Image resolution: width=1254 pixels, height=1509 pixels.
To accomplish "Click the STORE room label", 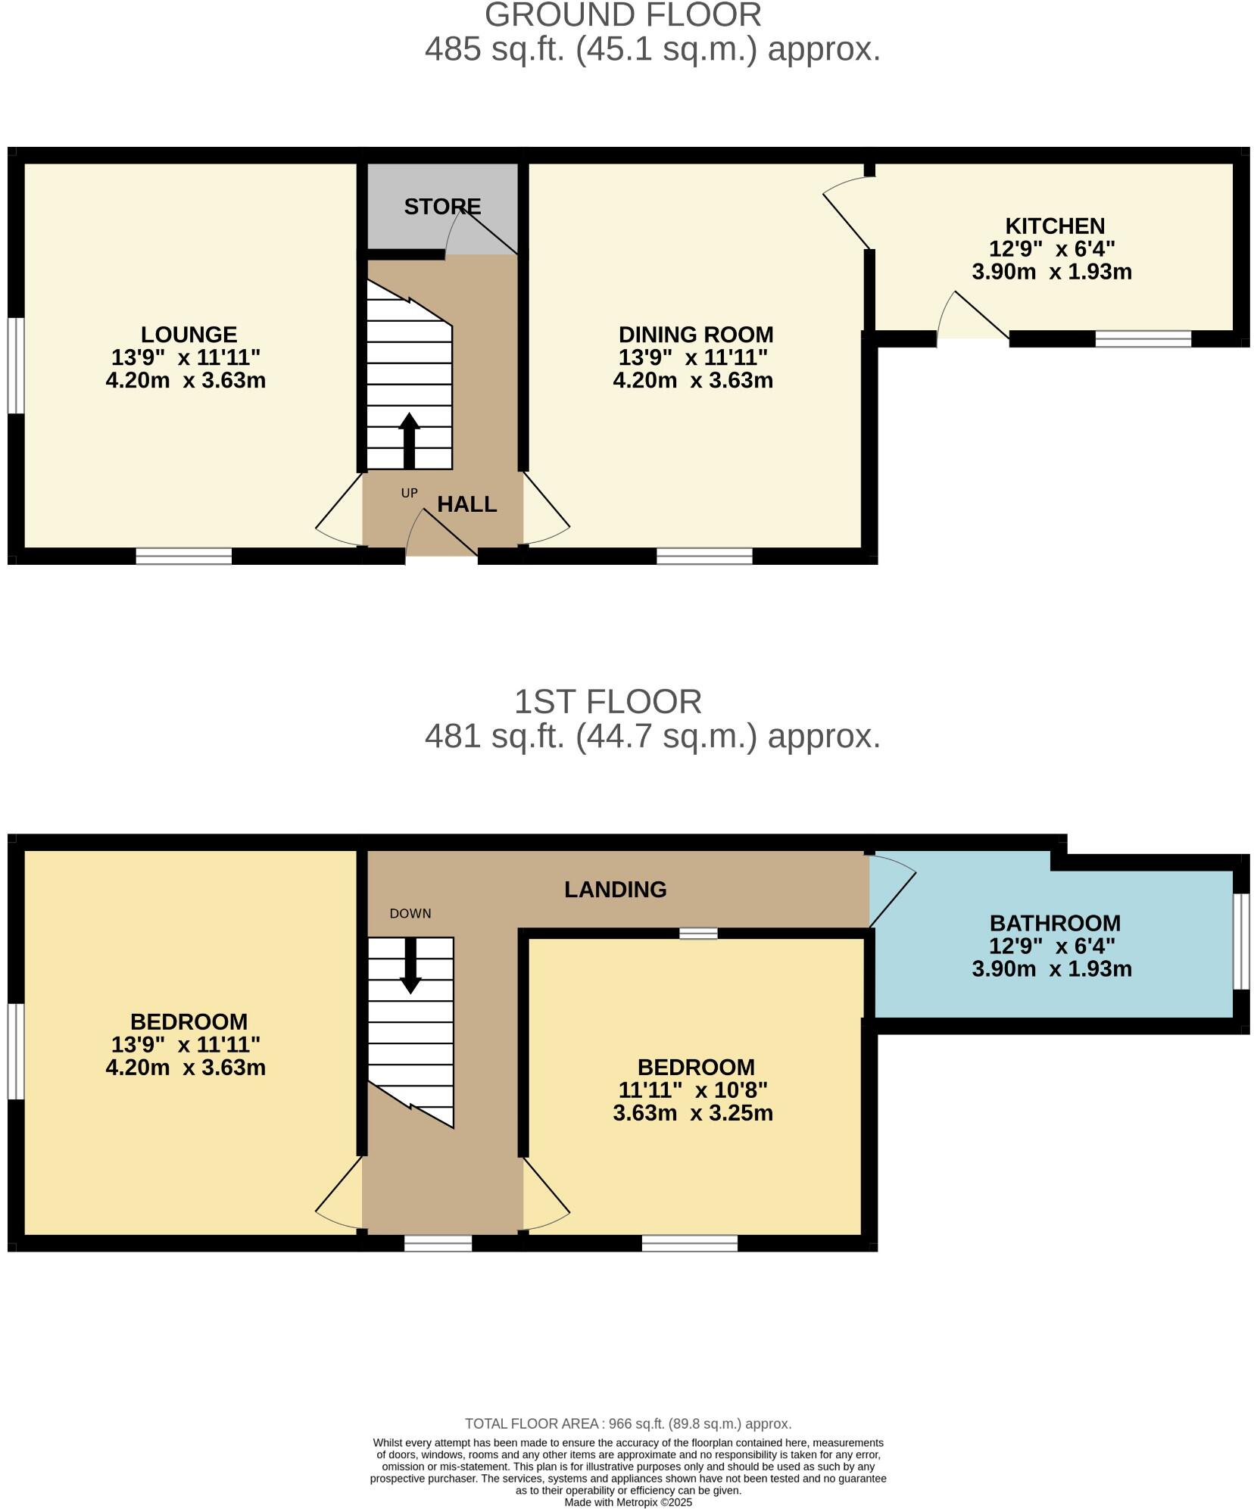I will tap(442, 206).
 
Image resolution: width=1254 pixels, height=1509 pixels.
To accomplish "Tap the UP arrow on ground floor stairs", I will tap(409, 441).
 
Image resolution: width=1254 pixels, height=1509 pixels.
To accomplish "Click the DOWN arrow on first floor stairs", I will tap(410, 965).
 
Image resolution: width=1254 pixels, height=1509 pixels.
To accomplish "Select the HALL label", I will tap(466, 504).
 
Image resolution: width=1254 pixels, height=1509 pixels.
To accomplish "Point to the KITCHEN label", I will tap(1054, 226).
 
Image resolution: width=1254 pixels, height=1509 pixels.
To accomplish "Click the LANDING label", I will tap(615, 889).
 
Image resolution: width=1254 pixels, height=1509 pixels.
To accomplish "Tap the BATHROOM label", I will tap(1054, 923).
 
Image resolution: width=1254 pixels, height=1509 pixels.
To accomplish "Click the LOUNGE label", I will tap(189, 334).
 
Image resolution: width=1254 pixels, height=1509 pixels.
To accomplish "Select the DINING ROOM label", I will tap(695, 334).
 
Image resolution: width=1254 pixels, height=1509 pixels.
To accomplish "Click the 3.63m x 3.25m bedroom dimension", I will tap(692, 1112).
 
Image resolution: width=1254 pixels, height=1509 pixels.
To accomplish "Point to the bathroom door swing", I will tap(892, 889).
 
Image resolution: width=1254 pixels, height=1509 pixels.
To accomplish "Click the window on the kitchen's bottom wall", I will tap(1142, 338).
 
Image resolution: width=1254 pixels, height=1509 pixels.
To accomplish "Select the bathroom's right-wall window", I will tap(1240, 941).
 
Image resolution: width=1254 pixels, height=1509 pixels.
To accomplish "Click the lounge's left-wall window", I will tap(15, 366).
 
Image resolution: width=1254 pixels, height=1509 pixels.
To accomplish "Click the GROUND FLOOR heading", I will tap(622, 15).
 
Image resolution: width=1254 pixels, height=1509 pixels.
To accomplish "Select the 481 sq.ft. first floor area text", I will tap(651, 735).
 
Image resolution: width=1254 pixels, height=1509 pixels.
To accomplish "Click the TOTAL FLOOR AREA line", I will tap(628, 1423).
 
